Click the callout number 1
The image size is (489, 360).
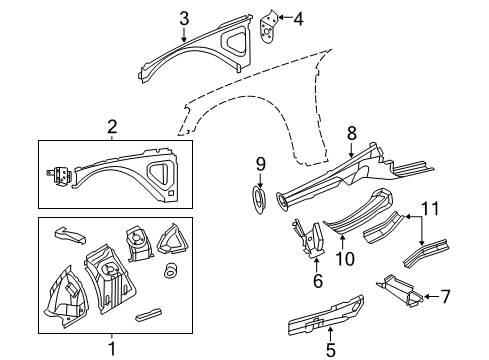(112, 347)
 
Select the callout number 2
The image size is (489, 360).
(112, 128)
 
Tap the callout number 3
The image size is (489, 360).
(183, 17)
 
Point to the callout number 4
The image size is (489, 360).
(298, 16)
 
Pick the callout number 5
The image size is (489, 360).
(330, 349)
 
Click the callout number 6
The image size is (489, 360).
(318, 283)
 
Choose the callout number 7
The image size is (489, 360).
(445, 295)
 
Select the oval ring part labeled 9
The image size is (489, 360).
(258, 199)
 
